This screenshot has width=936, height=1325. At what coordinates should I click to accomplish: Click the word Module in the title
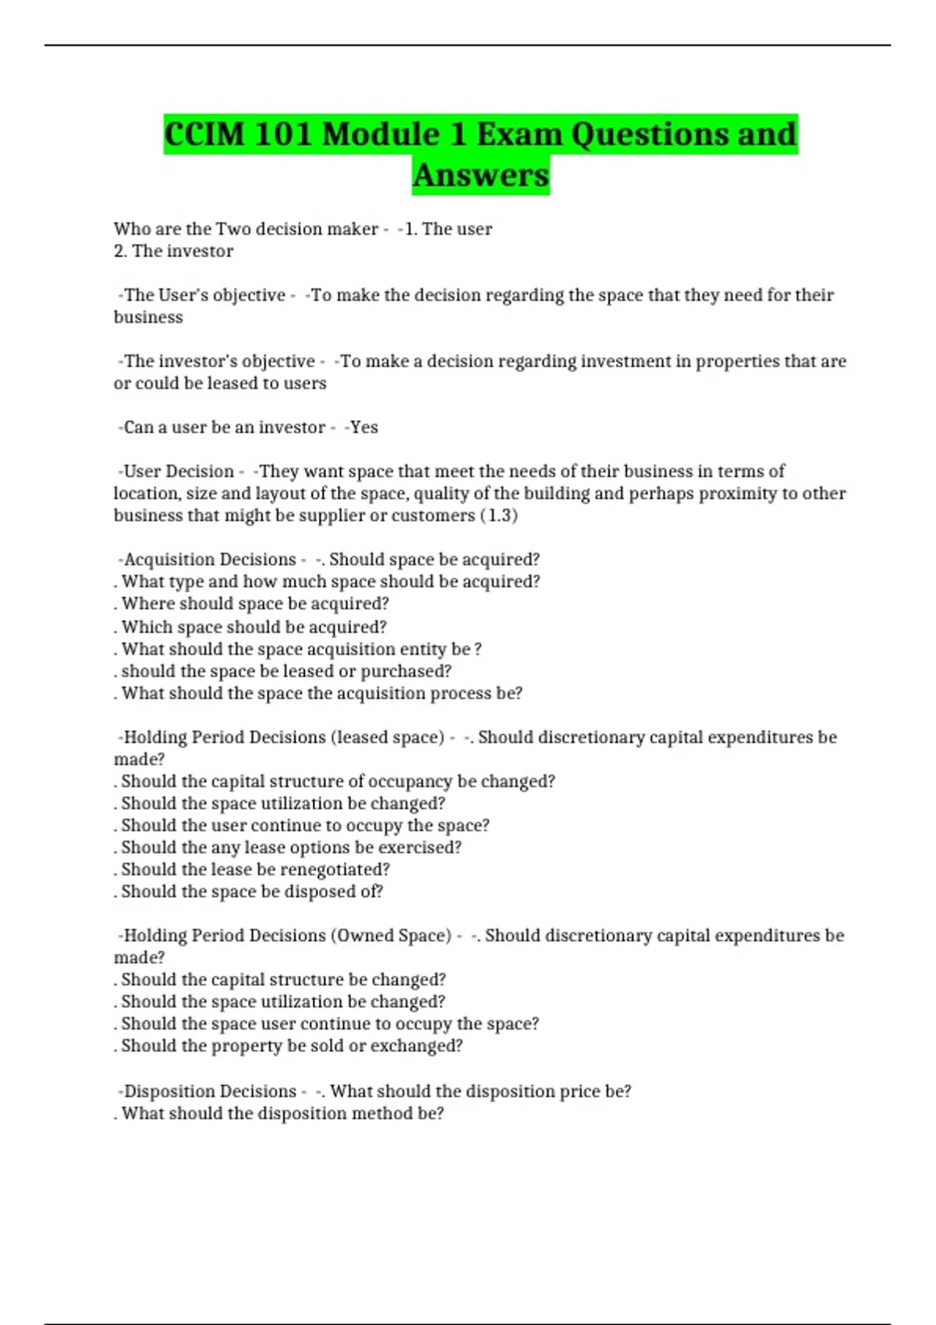click(x=381, y=134)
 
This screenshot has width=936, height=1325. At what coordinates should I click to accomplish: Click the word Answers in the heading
click(x=480, y=175)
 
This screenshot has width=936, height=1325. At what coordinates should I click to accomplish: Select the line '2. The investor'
click(x=173, y=251)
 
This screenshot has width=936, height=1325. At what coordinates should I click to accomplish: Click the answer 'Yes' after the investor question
click(x=363, y=427)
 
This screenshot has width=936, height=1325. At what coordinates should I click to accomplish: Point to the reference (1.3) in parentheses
click(x=498, y=515)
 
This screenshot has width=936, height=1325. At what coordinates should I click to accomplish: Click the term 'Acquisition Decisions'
click(x=210, y=560)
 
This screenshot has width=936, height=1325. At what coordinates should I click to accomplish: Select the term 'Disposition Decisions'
click(x=210, y=1091)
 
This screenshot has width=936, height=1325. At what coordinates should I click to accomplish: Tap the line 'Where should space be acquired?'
click(x=252, y=604)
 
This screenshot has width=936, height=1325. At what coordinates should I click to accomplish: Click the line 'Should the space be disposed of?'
click(x=249, y=892)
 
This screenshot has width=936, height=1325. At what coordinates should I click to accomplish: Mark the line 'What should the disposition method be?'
click(x=279, y=1113)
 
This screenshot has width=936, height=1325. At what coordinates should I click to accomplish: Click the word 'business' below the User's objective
click(x=148, y=317)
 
